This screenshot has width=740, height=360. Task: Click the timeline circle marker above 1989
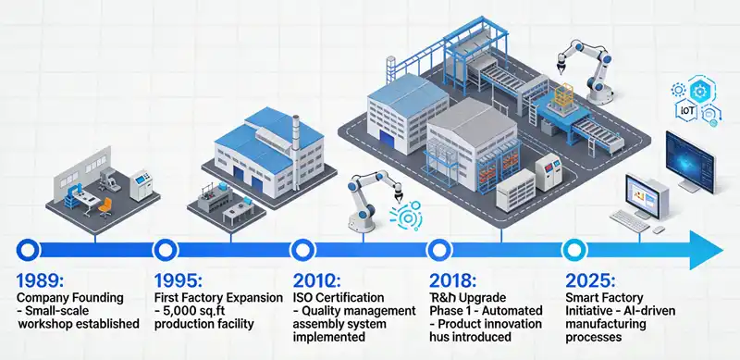29,248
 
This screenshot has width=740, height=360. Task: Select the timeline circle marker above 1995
165,248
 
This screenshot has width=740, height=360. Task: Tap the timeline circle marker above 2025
574,248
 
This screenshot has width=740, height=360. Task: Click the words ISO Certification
339,298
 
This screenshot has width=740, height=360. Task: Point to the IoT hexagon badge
687,110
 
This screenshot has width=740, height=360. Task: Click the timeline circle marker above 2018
438,248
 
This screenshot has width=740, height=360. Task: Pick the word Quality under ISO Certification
331,312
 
